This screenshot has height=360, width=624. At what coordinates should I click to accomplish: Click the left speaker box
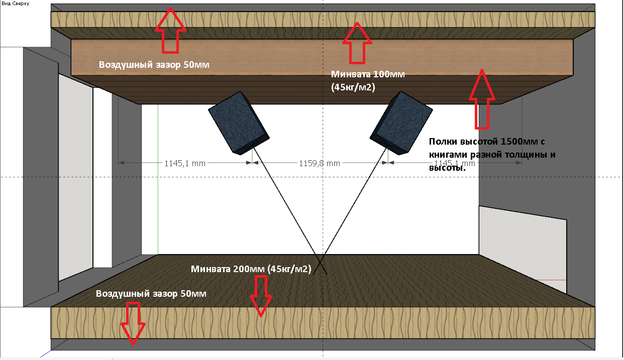coord(238,123)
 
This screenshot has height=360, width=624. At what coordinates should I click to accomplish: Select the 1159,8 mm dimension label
coord(320,163)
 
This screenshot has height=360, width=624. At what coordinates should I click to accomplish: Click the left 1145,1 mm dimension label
coord(185,163)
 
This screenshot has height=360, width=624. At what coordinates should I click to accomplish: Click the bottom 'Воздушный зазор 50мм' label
coord(151,293)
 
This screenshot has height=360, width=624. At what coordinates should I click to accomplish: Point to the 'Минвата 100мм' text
coord(367,74)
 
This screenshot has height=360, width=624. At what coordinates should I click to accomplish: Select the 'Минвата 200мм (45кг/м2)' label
coord(251,269)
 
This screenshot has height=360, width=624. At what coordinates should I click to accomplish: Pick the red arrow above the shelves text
coord(481,98)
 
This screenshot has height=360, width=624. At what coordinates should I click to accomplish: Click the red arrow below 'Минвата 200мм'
coord(260,296)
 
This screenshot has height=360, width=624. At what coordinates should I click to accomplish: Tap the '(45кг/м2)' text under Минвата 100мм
coord(353,86)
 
